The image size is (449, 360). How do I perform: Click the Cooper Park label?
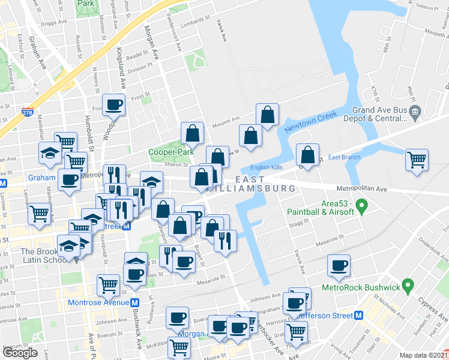(172, 152)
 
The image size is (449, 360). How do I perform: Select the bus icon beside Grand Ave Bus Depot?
(419, 111)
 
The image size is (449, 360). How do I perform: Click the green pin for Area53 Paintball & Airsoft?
(361, 208)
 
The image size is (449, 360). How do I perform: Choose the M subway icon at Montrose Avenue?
(136, 302)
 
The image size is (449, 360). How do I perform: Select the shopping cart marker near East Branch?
(417, 160)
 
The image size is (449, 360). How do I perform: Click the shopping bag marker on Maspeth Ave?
(267, 115)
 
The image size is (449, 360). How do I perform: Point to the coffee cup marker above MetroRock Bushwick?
(339, 266)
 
